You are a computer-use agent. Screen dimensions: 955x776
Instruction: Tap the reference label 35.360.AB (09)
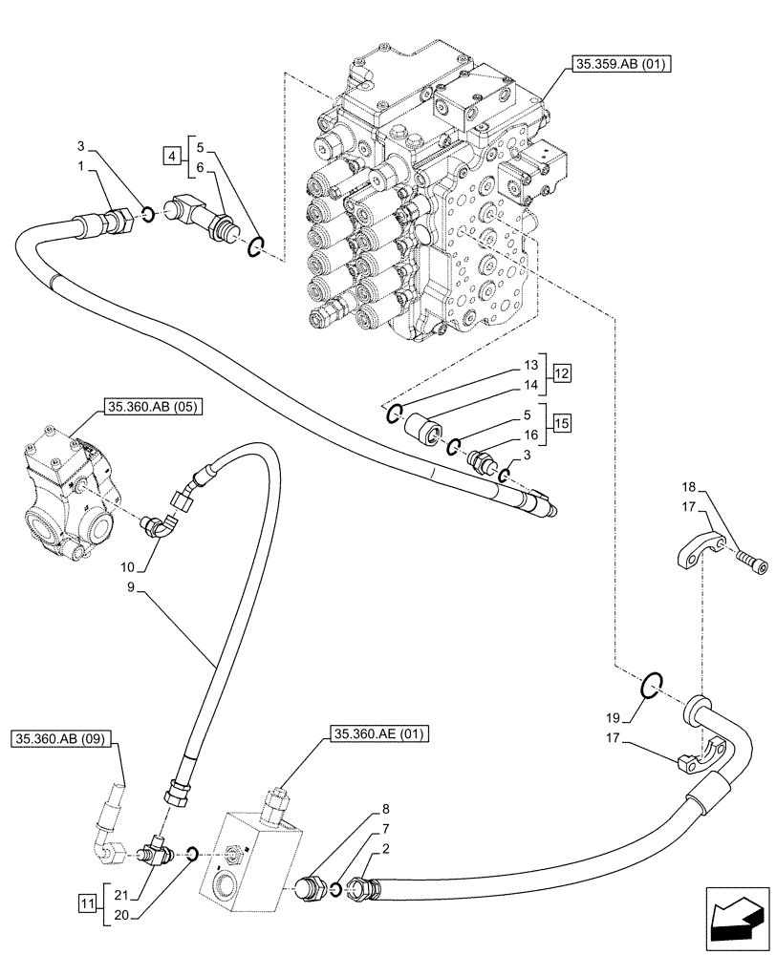(63, 738)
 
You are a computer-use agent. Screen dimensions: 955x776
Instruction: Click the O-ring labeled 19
(649, 685)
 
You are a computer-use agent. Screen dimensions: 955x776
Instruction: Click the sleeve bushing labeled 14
(424, 426)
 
